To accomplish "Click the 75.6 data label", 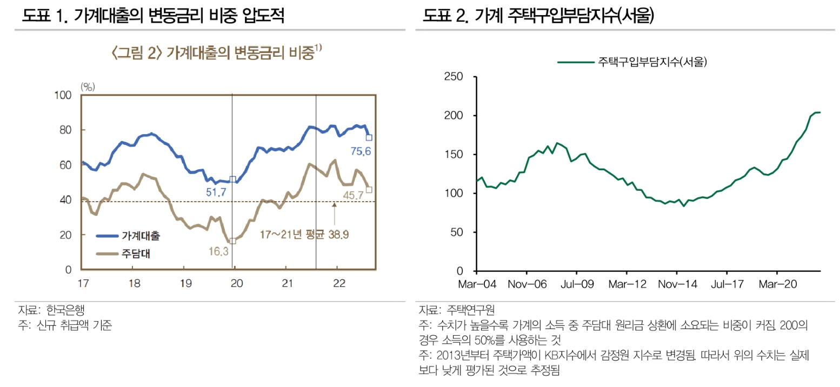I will (x=360, y=152).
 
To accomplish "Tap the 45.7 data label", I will (x=355, y=195).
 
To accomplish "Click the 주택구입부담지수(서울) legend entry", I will (x=632, y=62).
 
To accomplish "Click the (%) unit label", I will (x=87, y=86).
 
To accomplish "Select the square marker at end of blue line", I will (x=369, y=137).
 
